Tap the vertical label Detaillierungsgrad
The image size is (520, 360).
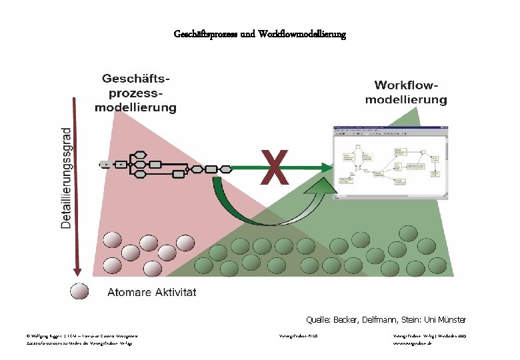67,178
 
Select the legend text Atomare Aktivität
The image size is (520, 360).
152,292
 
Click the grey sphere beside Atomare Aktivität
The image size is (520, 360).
79,292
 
